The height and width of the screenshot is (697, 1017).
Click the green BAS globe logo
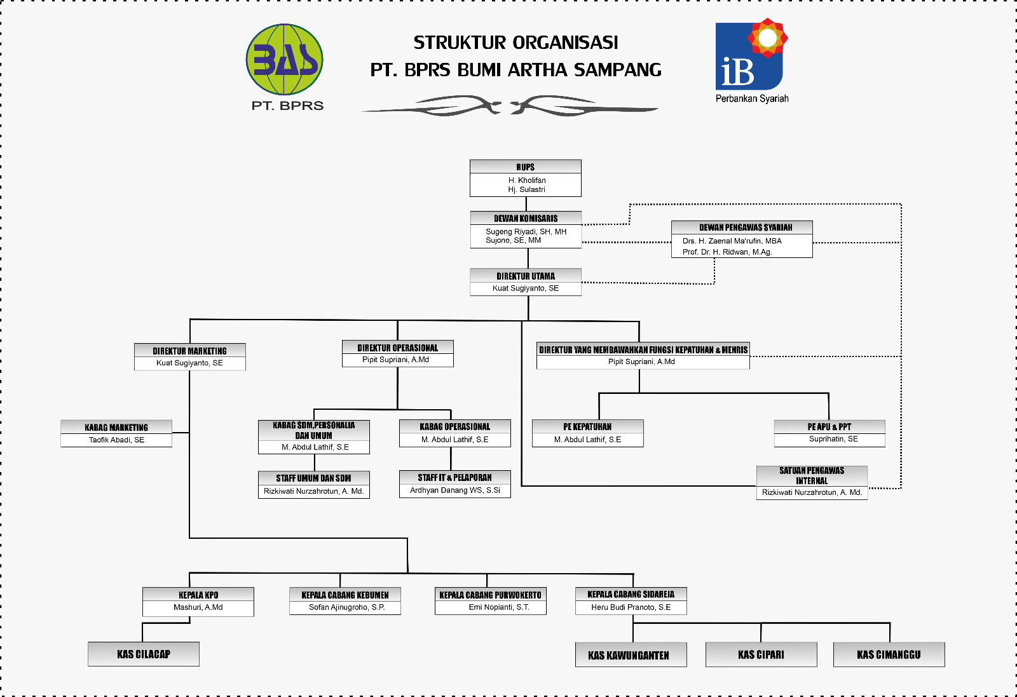click(284, 60)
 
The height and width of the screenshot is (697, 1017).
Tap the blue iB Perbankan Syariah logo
click(750, 57)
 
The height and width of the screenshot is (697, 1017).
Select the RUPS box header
click(525, 167)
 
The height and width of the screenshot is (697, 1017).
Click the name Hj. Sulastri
click(526, 189)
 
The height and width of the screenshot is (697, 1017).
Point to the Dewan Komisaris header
click(526, 218)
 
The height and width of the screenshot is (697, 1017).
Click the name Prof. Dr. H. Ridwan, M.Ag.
click(727, 252)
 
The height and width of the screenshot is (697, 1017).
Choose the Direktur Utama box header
click(526, 276)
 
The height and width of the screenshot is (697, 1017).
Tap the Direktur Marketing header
click(189, 351)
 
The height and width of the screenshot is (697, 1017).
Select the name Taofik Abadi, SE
click(116, 440)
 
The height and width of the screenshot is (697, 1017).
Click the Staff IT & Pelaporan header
click(454, 477)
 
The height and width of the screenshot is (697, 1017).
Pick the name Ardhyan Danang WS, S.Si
click(455, 490)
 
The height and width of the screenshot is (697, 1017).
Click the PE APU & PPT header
click(829, 427)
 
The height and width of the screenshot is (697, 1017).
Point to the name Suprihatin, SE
click(833, 439)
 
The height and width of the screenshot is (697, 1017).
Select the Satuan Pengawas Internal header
click(812, 475)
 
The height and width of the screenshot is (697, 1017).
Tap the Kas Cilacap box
click(144, 654)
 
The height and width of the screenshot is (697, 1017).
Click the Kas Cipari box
click(761, 654)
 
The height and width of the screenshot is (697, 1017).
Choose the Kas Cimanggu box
click(889, 654)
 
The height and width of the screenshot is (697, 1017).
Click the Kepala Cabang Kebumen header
click(345, 595)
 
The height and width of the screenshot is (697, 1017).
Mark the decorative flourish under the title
click(510, 105)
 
